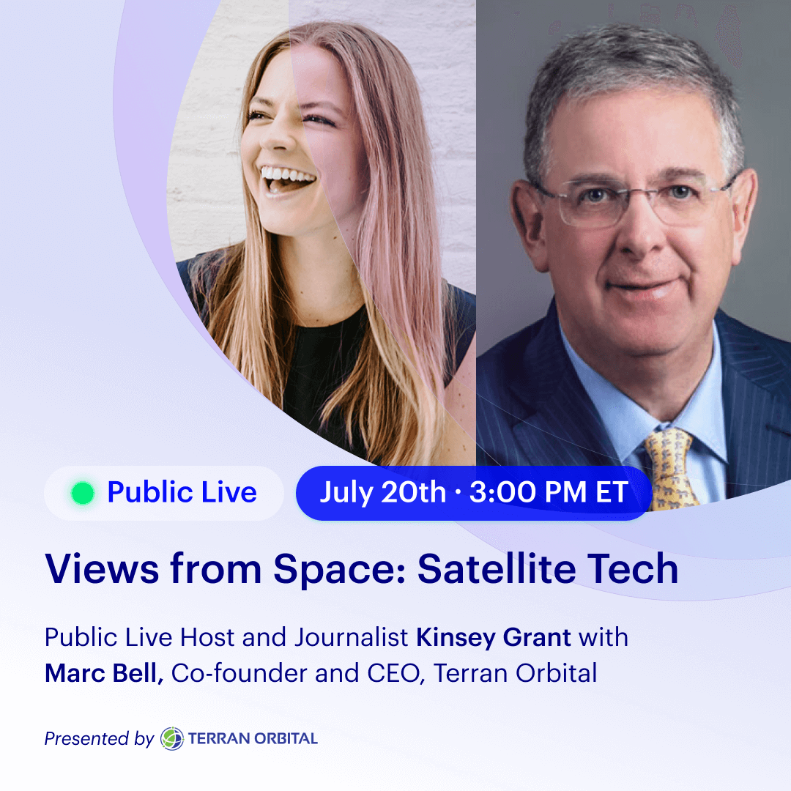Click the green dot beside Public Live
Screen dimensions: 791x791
[x=83, y=493]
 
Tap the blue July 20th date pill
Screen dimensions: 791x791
[x=474, y=493]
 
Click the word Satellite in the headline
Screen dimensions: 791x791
[x=497, y=569]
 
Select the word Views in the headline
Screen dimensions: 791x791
[x=102, y=569]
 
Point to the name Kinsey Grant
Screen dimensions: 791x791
[x=494, y=638]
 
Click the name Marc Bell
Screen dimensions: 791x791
[x=103, y=673]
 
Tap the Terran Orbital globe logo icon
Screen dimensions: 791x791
[x=172, y=738]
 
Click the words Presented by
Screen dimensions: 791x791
[x=99, y=739]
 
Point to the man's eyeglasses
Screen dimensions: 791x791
[x=636, y=200]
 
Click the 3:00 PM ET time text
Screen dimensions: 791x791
[x=549, y=492]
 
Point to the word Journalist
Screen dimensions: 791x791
[x=352, y=638]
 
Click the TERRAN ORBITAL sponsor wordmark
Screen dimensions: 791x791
[x=253, y=739]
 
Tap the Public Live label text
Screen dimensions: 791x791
[x=182, y=492]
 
